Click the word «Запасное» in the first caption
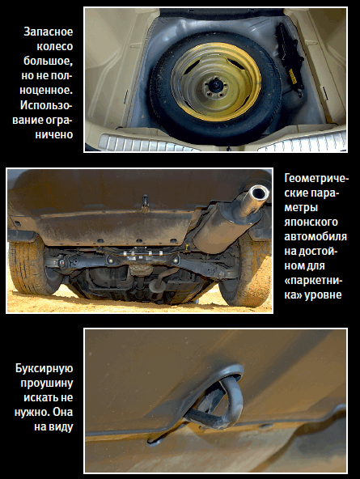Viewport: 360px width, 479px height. tap(49, 32)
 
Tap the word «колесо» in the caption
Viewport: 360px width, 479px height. tap(55, 46)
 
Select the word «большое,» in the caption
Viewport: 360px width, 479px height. tap(49, 61)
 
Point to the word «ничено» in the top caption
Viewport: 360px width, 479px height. tap(54, 134)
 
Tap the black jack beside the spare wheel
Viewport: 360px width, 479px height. tap(290, 58)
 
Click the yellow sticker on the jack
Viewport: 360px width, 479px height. tap(293, 75)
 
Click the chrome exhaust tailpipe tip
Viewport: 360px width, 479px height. tap(258, 196)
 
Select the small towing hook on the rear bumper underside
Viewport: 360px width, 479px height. tap(145, 202)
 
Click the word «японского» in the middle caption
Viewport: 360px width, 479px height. tap(311, 222)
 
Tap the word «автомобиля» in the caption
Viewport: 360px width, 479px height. tap(316, 237)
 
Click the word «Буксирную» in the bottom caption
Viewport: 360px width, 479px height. tap(44, 369)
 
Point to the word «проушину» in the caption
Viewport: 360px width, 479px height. tap(47, 384)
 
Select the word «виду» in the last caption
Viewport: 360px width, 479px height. tap(61, 426)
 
